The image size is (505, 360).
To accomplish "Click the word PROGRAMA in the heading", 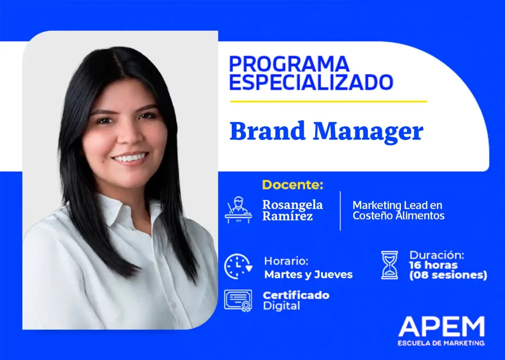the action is pos(289,64).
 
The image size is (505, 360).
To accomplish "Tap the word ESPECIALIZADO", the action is pos(311,82).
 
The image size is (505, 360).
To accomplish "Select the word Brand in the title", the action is pos(267,131).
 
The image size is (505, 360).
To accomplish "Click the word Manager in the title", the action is pos(368,132).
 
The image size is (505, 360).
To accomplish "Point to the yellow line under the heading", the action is pos(328,102).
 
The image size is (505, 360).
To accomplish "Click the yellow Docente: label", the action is pos(292,185).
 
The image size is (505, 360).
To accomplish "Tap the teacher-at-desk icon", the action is pos(238,210).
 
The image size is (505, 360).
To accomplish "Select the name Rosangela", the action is pos(292,205).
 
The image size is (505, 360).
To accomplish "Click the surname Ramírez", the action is pos(288,216).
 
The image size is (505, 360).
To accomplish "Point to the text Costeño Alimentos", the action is pos(398,216).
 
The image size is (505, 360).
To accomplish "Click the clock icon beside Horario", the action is pos(238,266).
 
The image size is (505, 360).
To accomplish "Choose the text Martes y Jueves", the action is pos(308,274).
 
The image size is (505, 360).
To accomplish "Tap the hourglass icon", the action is pos(390,265).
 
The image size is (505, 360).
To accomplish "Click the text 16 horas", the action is pos(433,265).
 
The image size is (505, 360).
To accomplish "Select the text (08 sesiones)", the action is pos(448,275).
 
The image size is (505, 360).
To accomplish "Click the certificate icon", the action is pos(238,301).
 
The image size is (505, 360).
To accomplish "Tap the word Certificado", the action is pos(296,295).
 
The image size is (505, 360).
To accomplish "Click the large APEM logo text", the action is pos(441,326).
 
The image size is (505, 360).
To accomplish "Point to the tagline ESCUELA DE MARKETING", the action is pos(441,343).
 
